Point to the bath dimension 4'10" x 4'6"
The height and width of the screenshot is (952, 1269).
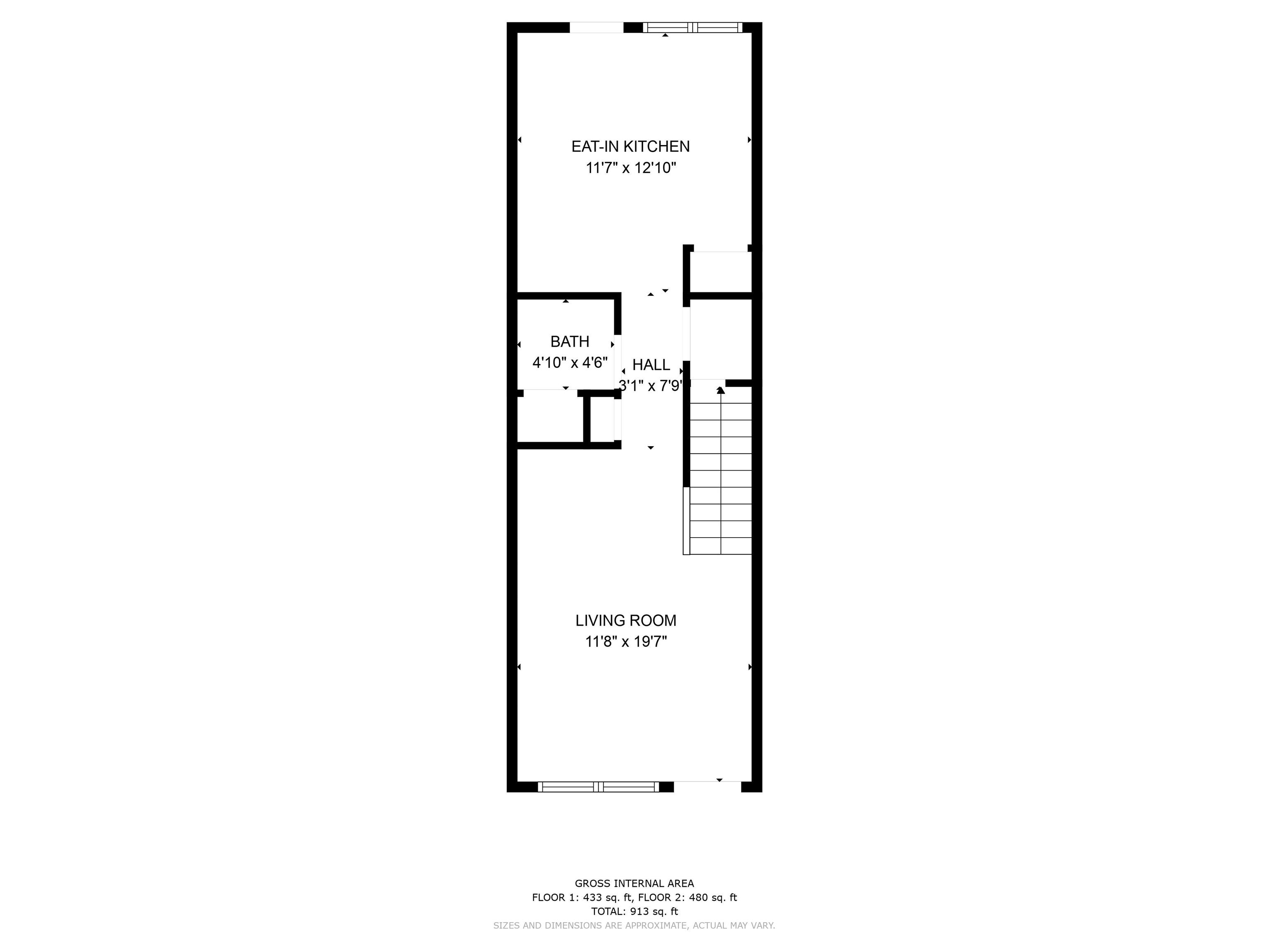click(570, 363)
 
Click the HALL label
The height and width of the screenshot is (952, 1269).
click(651, 364)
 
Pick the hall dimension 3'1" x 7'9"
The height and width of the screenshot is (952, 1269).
click(651, 386)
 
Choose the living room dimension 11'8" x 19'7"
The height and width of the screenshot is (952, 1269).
click(626, 642)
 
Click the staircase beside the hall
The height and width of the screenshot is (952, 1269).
click(720, 471)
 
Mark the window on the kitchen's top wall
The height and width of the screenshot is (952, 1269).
click(692, 27)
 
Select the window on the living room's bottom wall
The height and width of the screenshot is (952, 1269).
click(599, 787)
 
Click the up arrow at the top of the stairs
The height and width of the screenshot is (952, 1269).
click(720, 390)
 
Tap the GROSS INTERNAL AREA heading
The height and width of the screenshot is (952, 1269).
click(634, 884)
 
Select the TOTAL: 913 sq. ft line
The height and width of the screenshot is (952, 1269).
click(634, 911)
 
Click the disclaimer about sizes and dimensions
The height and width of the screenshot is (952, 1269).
click(634, 926)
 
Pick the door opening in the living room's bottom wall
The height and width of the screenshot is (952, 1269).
click(707, 787)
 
